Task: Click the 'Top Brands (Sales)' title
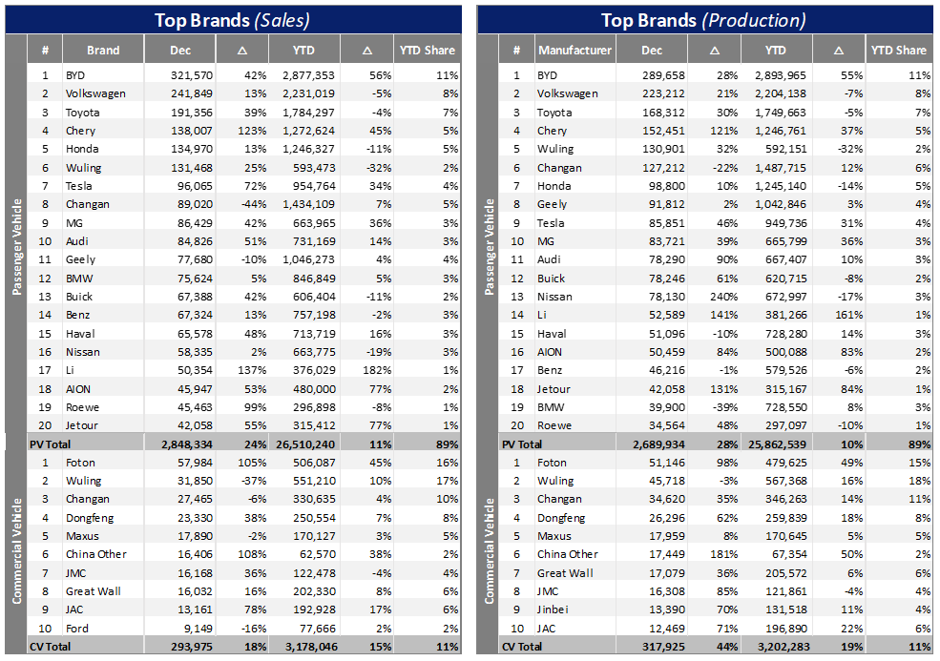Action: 234,19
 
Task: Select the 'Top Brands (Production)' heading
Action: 703,19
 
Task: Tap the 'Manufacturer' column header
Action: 574,50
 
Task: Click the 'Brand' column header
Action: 103,50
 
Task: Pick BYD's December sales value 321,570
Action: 191,74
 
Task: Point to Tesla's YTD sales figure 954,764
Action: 308,185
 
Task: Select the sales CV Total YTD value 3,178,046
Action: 308,646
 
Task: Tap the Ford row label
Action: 76,628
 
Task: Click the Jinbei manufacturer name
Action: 553,609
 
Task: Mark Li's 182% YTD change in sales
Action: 370,370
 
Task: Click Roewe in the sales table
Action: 81,406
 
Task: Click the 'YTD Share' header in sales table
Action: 426,50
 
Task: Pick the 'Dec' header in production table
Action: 652,50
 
